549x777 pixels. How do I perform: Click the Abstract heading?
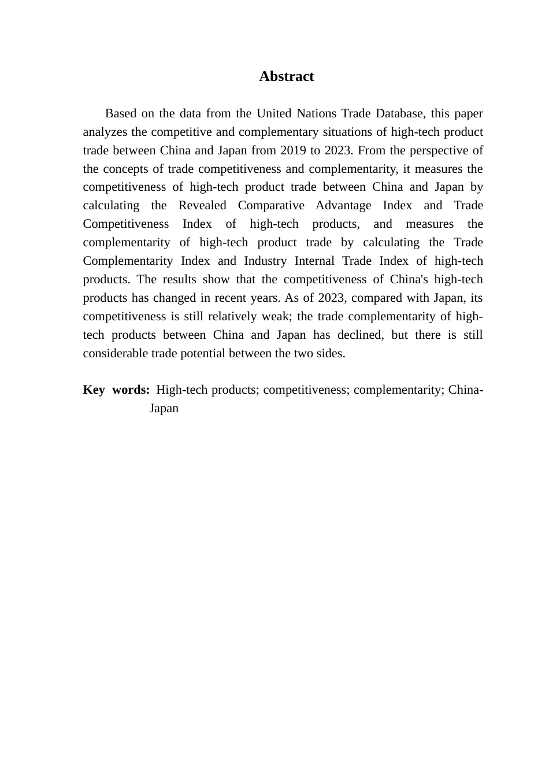pyautogui.click(x=286, y=76)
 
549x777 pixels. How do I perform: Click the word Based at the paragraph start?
pyautogui.click(x=121, y=113)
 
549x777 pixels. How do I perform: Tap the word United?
pyautogui.click(x=274, y=113)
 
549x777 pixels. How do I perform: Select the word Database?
pyautogui.click(x=399, y=113)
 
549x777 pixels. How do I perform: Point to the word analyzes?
pyautogui.click(x=105, y=132)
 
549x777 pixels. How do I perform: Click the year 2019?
pyautogui.click(x=294, y=150)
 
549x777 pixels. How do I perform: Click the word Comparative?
pyautogui.click(x=271, y=205)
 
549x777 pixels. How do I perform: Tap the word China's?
pyautogui.click(x=409, y=279)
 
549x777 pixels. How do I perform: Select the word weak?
pyautogui.click(x=275, y=316)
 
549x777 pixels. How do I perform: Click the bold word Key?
pyautogui.click(x=94, y=390)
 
